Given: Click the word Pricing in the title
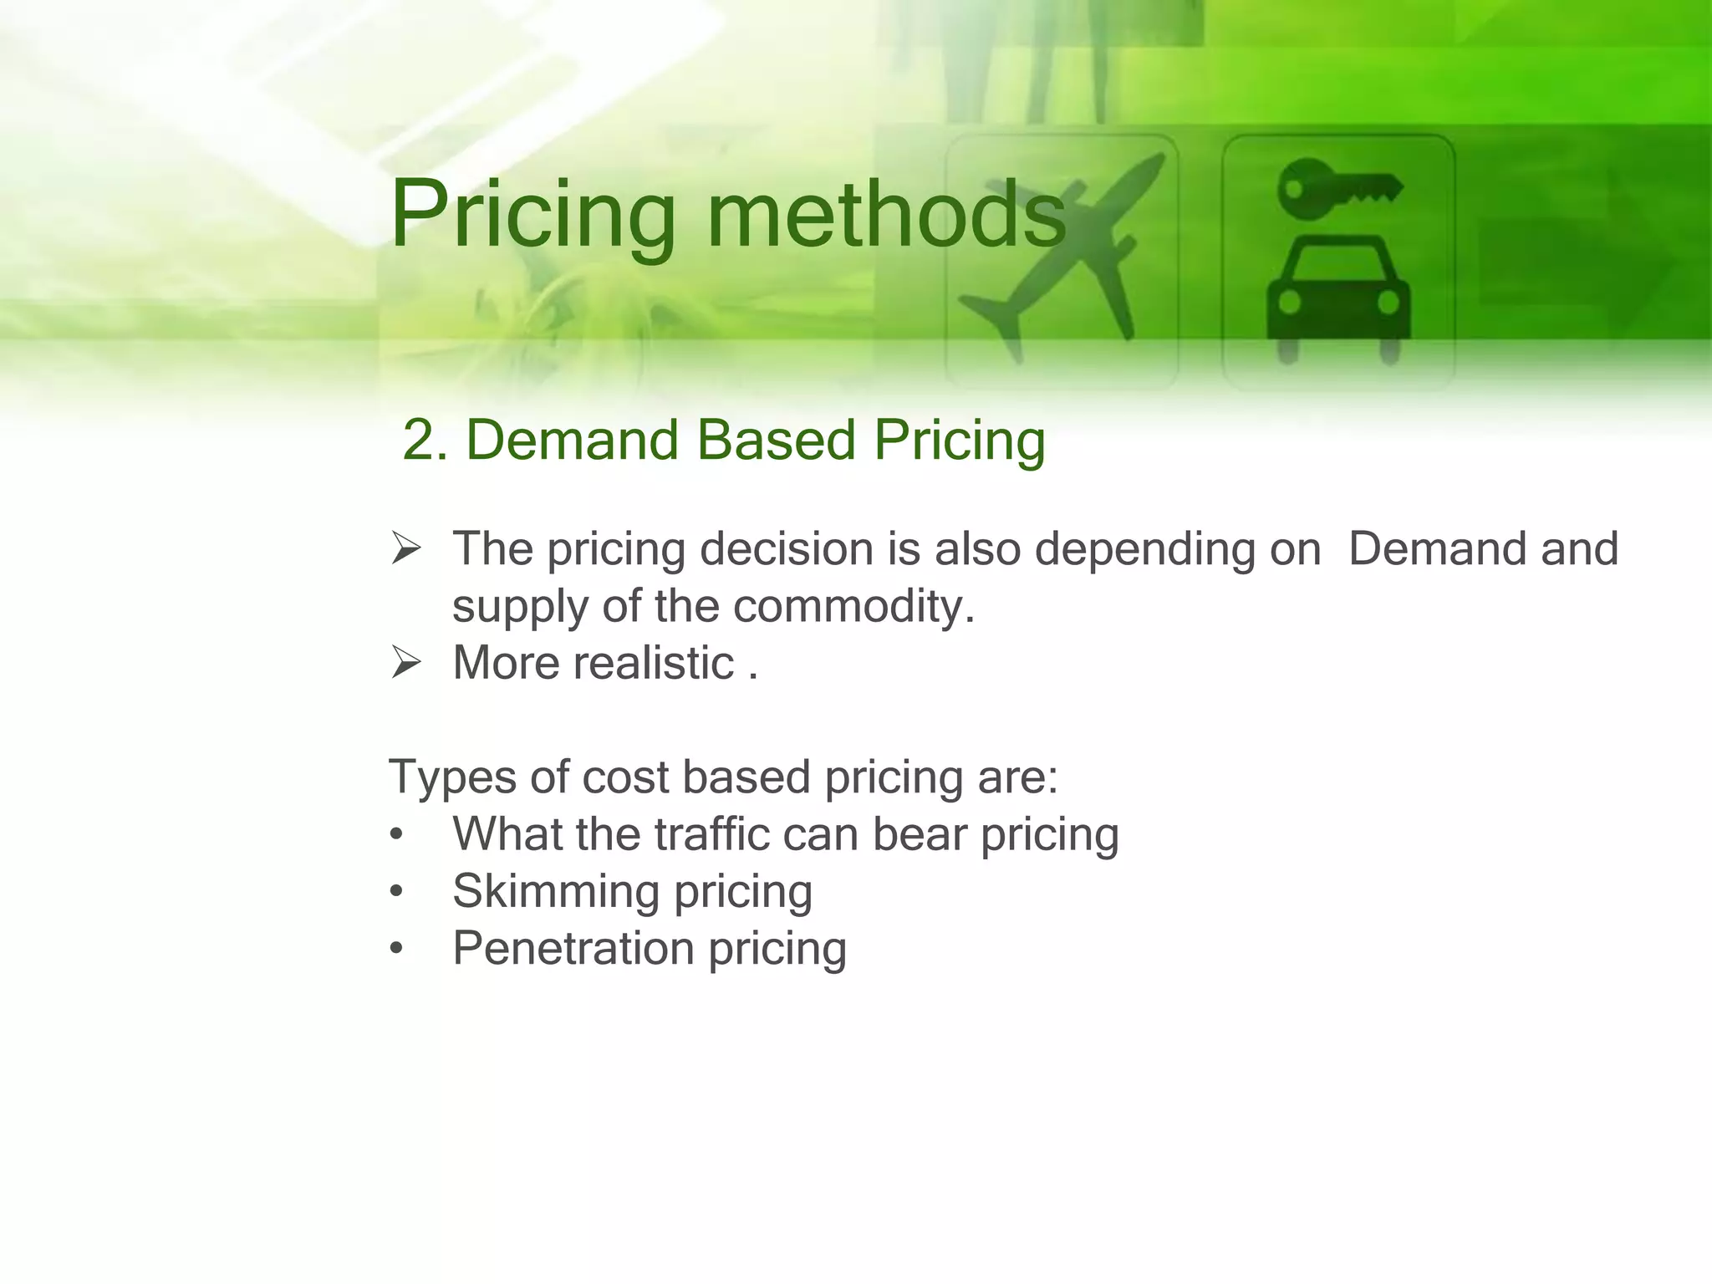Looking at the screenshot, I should point(532,216).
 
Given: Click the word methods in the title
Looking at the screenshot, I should point(886,216).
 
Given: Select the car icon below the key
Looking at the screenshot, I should point(1337,297).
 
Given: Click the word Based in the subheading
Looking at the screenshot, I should point(776,441).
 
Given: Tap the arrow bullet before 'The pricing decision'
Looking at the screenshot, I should point(406,550).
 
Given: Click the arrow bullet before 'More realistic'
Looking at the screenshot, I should point(406,664).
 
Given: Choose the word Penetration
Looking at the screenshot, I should point(573,949).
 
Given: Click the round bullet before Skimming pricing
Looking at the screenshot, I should point(397,892).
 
